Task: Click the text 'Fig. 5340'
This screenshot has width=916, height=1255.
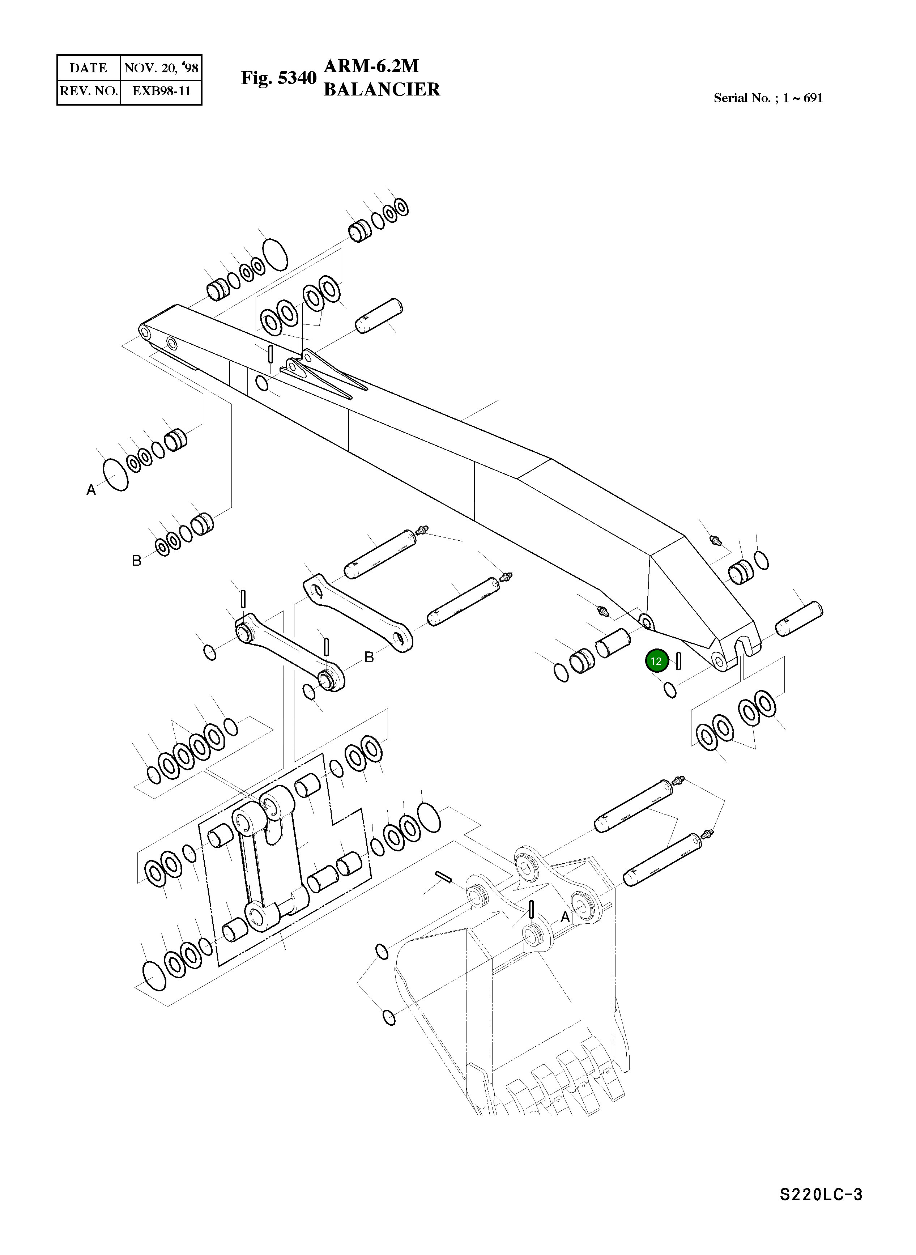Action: pyautogui.click(x=278, y=78)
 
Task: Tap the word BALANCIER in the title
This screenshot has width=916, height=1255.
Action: pyautogui.click(x=382, y=89)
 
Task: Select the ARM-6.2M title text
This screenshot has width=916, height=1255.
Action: pyautogui.click(x=371, y=66)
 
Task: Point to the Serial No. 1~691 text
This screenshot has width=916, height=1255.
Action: pyautogui.click(x=768, y=98)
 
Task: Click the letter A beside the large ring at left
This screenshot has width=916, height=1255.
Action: pyautogui.click(x=91, y=490)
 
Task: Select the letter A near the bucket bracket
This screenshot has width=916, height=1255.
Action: pyautogui.click(x=565, y=917)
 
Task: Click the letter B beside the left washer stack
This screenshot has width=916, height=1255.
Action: pyautogui.click(x=136, y=561)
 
